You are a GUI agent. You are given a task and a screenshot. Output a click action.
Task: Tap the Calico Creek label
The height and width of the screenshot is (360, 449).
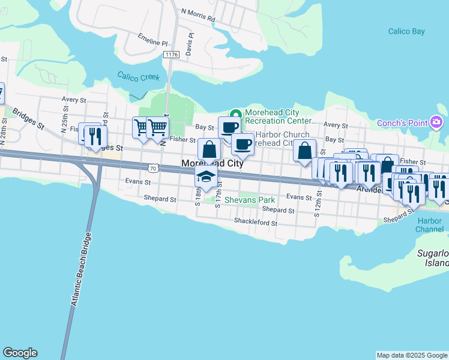137,77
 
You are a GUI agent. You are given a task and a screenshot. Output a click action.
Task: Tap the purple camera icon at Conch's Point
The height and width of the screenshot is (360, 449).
436,123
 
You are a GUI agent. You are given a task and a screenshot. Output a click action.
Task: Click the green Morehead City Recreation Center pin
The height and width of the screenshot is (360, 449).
235,113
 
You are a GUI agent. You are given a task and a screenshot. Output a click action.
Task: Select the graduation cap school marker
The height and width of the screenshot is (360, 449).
206,176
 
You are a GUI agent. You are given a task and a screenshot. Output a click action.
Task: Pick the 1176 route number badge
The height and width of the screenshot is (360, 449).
171,55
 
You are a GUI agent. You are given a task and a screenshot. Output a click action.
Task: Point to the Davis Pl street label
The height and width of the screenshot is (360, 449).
190,44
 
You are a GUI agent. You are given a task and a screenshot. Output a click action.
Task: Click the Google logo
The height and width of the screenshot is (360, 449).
20,353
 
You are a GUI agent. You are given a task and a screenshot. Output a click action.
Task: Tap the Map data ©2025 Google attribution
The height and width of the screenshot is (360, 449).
412,355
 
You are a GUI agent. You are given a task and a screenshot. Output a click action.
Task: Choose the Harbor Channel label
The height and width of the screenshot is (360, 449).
430,225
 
